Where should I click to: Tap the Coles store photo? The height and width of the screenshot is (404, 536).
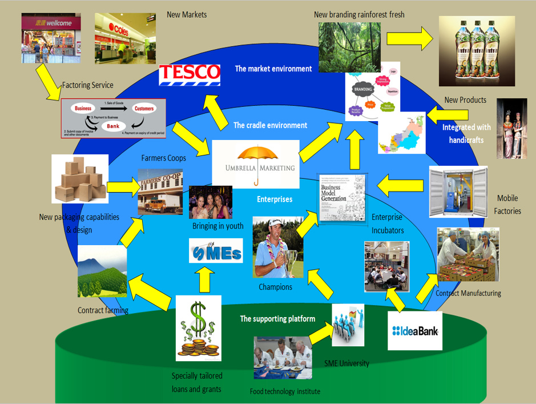(120, 38)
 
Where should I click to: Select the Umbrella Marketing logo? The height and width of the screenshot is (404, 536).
(255, 164)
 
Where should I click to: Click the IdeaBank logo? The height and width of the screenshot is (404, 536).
(415, 330)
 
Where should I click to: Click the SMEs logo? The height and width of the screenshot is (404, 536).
(215, 251)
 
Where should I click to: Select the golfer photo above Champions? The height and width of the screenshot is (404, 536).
(277, 247)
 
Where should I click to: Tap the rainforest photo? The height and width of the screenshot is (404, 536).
(349, 47)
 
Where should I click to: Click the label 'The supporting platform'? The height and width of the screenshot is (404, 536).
(277, 319)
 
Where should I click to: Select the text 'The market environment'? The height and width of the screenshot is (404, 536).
(273, 69)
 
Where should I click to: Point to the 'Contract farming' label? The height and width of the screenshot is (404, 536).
(103, 310)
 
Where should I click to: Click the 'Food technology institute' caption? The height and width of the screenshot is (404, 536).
(285, 391)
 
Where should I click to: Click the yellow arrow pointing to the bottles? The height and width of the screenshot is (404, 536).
(409, 39)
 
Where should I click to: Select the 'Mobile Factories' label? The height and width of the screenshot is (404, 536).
(507, 205)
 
